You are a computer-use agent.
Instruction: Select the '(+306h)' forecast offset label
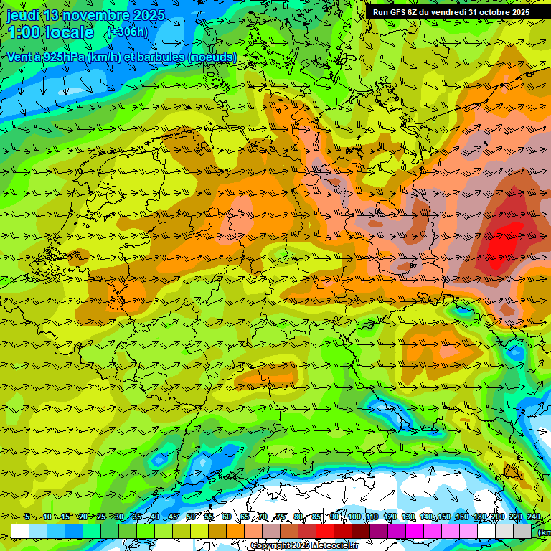pos(127,32)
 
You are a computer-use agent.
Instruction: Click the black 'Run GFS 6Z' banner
pos(451,12)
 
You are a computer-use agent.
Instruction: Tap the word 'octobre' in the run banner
pos(490,12)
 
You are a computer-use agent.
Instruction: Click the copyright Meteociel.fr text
pos(303,546)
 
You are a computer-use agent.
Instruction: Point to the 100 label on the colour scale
pos(354,517)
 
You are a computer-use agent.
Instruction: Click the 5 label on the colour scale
pos(27,517)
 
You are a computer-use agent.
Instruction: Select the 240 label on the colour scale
pos(534,517)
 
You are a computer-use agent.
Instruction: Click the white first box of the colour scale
pos(20,531)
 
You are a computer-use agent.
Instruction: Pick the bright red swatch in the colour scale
pos(325,531)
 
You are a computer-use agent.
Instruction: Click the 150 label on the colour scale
pos(444,517)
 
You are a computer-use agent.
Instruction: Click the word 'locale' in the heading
pos(68,33)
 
